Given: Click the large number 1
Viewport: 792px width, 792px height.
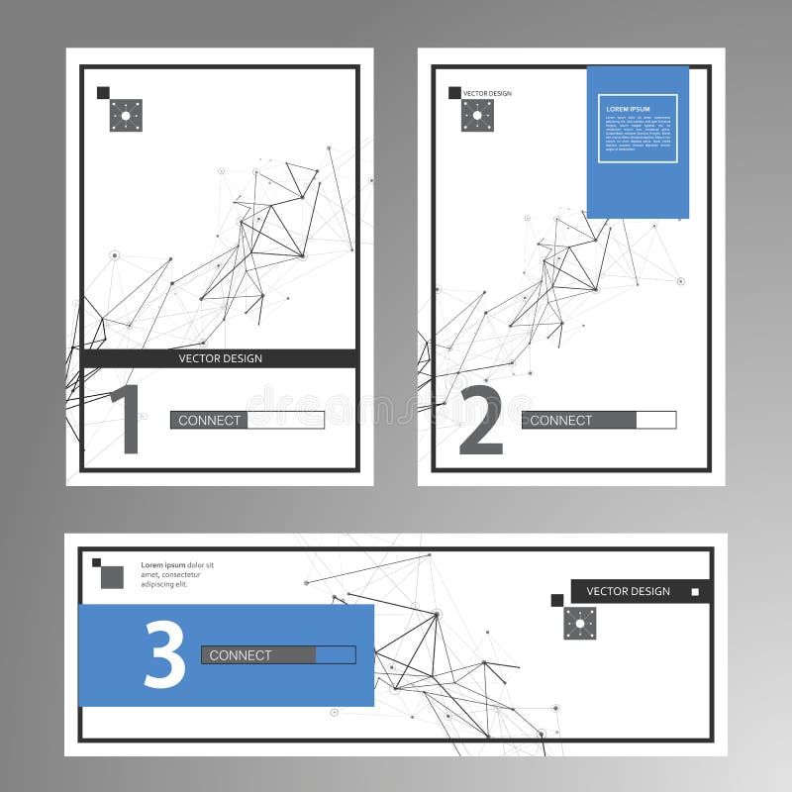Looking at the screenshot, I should point(126,420).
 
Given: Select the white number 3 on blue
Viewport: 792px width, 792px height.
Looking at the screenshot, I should point(164,655).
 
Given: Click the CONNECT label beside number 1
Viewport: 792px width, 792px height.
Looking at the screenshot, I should point(209,420).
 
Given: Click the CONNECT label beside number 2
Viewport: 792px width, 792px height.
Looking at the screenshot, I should point(560,420).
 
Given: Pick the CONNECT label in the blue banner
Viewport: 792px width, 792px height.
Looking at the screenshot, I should point(240,654).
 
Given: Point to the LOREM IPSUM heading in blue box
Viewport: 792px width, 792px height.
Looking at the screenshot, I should point(629,108).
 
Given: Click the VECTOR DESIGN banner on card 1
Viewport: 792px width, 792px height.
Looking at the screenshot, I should point(220,358).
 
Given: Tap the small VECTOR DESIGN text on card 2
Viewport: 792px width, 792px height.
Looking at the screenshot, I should point(487,93).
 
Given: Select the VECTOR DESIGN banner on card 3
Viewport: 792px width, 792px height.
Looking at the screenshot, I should point(628,591).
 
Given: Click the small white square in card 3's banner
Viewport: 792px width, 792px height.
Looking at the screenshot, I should point(695,592).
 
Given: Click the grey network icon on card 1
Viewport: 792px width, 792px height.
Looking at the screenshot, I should point(126,115).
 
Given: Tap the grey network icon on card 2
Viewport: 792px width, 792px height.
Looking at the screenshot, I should point(477,115).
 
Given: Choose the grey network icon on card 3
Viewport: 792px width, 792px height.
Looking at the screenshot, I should point(580,623).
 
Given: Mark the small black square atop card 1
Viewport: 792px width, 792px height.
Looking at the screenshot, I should point(103,92).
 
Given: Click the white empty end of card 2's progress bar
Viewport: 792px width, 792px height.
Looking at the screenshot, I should point(655,420).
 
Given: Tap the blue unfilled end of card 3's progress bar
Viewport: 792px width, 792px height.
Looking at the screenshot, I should point(335,654).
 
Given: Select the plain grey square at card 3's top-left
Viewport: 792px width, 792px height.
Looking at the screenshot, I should point(112,576).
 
